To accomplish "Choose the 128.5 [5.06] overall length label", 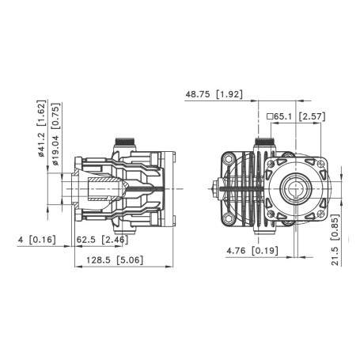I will pos(110,260).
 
